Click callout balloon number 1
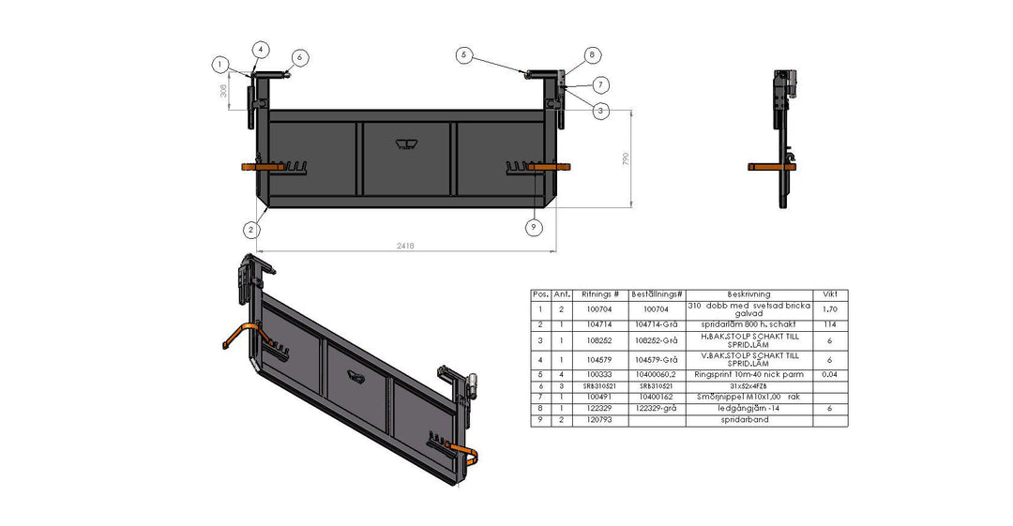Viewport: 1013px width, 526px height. click(220, 65)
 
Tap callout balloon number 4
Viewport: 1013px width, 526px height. click(260, 49)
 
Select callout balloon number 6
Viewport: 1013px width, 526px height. click(299, 57)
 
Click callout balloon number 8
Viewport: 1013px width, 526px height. click(591, 55)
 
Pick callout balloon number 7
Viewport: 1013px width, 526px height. click(600, 84)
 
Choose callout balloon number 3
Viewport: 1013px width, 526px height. click(600, 110)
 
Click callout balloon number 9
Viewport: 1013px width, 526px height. click(534, 227)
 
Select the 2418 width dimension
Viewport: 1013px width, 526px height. click(405, 246)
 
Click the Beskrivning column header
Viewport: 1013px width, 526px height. click(748, 294)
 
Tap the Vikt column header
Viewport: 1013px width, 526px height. click(829, 294)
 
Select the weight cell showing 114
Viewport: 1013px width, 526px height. click(829, 324)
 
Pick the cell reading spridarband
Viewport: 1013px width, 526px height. click(748, 420)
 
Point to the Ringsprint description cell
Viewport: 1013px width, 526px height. click(748, 374)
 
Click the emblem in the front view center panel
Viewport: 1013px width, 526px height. click(406, 143)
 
